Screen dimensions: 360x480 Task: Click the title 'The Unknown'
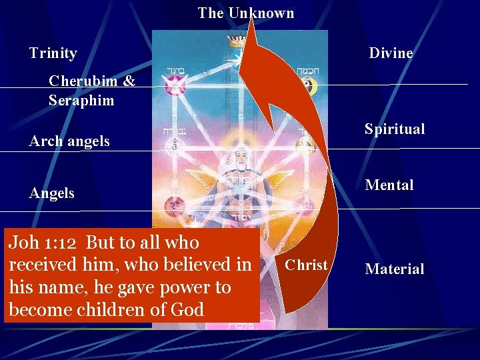click(x=245, y=13)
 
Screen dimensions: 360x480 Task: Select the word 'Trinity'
click(x=53, y=53)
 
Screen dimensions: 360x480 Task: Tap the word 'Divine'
click(x=391, y=53)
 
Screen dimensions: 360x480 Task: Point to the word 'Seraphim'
click(x=81, y=101)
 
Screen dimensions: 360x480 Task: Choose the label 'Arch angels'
click(x=69, y=141)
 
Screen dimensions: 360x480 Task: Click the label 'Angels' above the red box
click(x=52, y=193)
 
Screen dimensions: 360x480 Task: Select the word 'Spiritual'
click(x=394, y=129)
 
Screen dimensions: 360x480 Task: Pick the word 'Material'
click(x=394, y=269)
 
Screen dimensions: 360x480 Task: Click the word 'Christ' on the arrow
click(x=305, y=265)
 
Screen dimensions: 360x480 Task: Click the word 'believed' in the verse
click(x=198, y=265)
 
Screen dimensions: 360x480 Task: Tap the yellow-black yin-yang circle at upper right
click(x=308, y=85)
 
